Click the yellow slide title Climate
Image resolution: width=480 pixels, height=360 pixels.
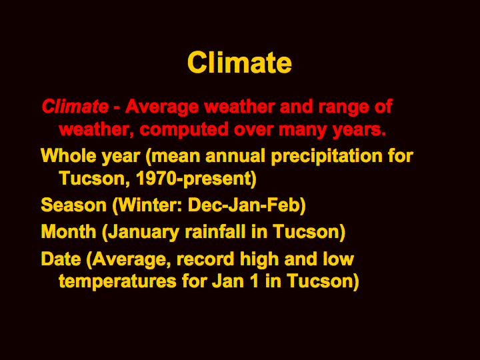tap(239, 63)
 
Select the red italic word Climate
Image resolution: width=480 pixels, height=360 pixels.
tap(75, 107)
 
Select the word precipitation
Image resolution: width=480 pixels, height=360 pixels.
tap(327, 157)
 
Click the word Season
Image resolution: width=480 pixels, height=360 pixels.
tap(73, 205)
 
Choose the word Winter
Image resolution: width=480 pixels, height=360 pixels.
tap(149, 205)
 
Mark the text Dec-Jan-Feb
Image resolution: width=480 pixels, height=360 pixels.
tap(243, 205)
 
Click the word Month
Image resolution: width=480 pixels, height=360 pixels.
tap(69, 232)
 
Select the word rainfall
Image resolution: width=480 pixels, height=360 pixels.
tap(215, 232)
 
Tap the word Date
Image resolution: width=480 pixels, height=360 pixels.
tap(61, 259)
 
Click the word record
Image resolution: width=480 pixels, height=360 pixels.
tap(205, 259)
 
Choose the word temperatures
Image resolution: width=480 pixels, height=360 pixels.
tap(117, 282)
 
